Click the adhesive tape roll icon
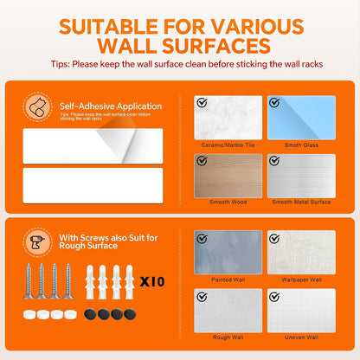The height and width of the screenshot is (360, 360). point(37,106)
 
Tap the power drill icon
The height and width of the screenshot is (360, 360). point(37,242)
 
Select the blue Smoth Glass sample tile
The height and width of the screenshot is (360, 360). point(301,118)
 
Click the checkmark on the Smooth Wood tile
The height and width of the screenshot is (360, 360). point(202,161)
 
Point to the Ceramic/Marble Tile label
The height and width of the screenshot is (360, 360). point(228,145)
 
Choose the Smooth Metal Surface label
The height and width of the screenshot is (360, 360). point(301,202)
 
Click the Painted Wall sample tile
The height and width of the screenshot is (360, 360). point(228,252)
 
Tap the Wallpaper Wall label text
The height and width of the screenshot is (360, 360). point(301,280)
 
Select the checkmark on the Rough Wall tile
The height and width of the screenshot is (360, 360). point(202,297)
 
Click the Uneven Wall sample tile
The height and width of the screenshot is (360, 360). point(301,311)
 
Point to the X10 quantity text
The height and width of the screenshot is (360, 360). point(152,281)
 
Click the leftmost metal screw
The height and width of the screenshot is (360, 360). point(29,280)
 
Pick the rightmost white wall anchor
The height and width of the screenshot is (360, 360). point(130,282)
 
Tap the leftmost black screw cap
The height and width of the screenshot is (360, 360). point(90,314)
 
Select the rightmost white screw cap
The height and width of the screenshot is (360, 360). point(71,314)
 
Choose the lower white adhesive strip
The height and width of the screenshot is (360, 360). point(93,185)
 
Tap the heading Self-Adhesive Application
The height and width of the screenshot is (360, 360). point(111,106)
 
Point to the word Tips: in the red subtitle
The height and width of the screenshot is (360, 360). point(61,64)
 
